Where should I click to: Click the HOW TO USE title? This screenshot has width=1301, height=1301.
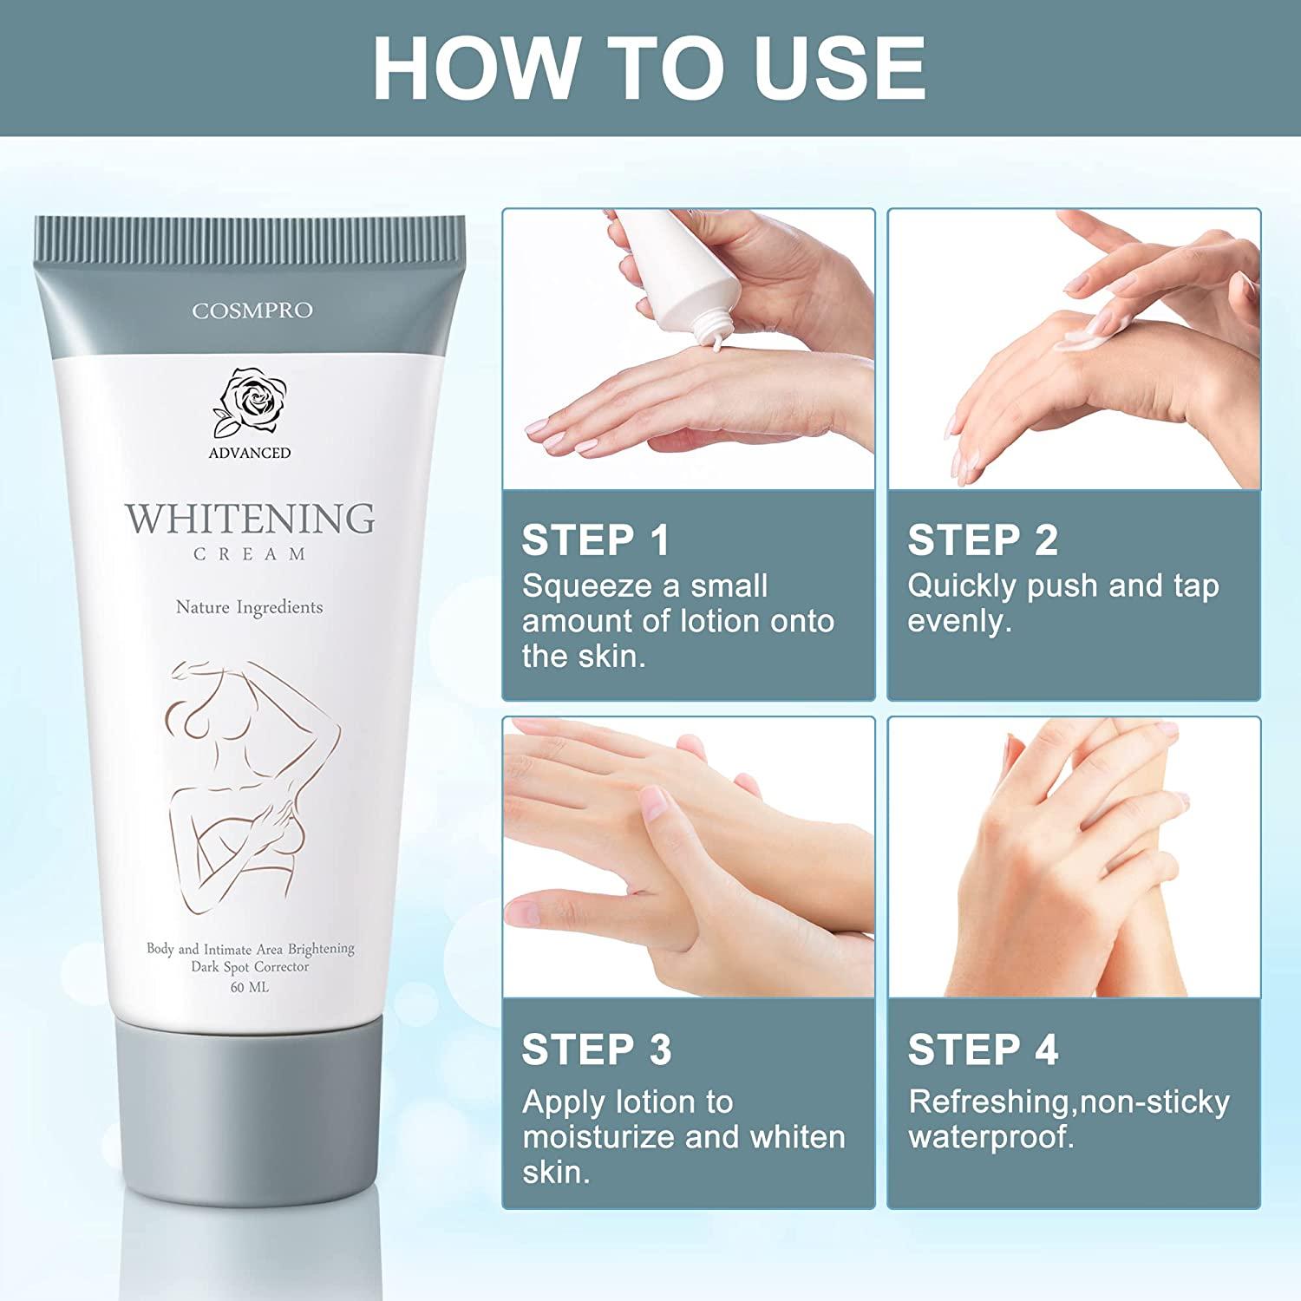tap(650, 68)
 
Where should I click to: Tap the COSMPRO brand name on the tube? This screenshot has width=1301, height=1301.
tap(252, 311)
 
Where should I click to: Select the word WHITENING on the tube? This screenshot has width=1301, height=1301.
tap(251, 518)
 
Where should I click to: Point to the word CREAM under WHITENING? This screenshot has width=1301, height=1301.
tap(250, 554)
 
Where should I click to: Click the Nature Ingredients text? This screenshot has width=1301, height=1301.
tap(250, 607)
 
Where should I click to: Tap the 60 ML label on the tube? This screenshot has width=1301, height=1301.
tap(250, 987)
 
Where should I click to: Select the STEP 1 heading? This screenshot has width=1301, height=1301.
tap(596, 540)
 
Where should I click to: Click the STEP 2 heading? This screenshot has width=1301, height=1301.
tap(982, 540)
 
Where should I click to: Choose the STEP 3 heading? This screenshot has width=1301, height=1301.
tap(596, 1049)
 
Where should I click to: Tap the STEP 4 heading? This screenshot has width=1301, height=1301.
tap(982, 1049)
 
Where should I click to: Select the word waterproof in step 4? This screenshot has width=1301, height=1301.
tap(990, 1137)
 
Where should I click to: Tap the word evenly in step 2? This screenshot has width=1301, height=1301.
tap(959, 622)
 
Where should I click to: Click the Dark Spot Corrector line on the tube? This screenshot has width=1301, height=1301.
tap(250, 967)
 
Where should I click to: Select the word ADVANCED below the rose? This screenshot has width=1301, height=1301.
tap(250, 453)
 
